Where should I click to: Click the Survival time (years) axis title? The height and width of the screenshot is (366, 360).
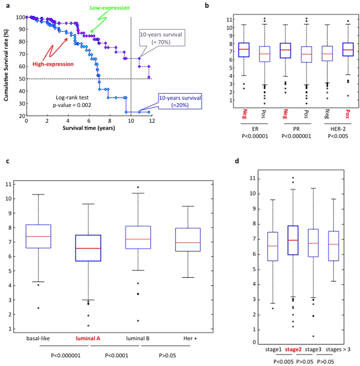[89, 127]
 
